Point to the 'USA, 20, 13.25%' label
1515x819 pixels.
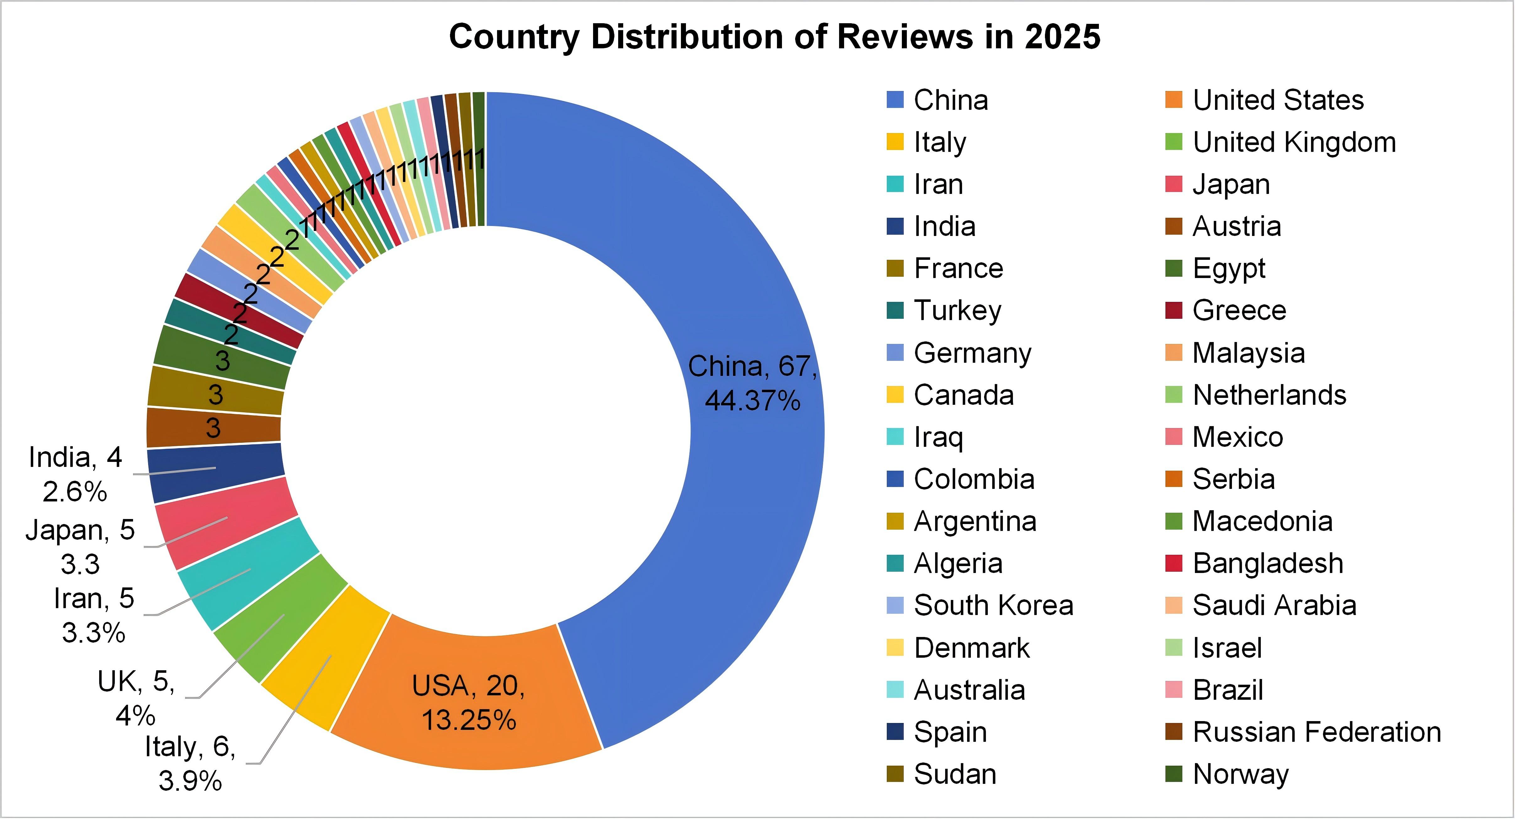pyautogui.click(x=469, y=703)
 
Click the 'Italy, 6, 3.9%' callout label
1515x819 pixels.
pyautogui.click(x=190, y=763)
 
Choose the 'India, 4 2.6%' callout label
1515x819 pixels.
pyautogui.click(x=75, y=474)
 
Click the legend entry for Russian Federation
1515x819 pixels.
pyautogui.click(x=1316, y=732)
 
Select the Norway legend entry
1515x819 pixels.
pyautogui.click(x=1240, y=774)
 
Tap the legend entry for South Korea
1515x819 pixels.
pyautogui.click(x=993, y=606)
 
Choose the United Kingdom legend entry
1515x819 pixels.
pyautogui.click(x=1294, y=142)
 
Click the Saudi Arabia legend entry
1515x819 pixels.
pyautogui.click(x=1274, y=606)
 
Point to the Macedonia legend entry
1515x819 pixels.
pyautogui.click(x=1262, y=522)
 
